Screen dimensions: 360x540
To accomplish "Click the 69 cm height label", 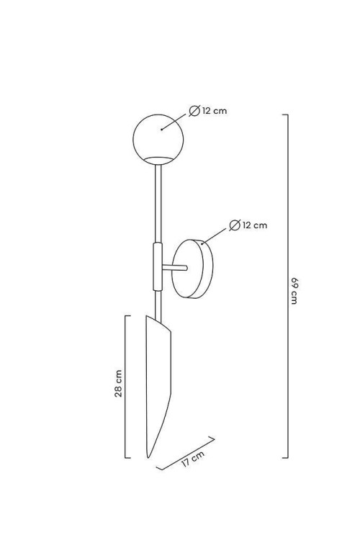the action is click(x=294, y=290).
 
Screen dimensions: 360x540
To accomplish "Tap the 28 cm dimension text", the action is click(x=118, y=383).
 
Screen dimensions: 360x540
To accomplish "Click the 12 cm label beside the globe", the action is click(x=215, y=111).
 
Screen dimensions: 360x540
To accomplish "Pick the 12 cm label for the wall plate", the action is click(x=255, y=225).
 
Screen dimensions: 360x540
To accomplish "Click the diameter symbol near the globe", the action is click(x=194, y=111).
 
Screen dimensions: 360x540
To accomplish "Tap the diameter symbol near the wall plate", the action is click(x=235, y=225).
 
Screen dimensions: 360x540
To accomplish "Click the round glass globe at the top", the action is click(x=158, y=140).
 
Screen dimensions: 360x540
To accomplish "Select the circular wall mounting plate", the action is click(x=192, y=269).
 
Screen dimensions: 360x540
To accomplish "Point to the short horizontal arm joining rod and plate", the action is click(x=175, y=268).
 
